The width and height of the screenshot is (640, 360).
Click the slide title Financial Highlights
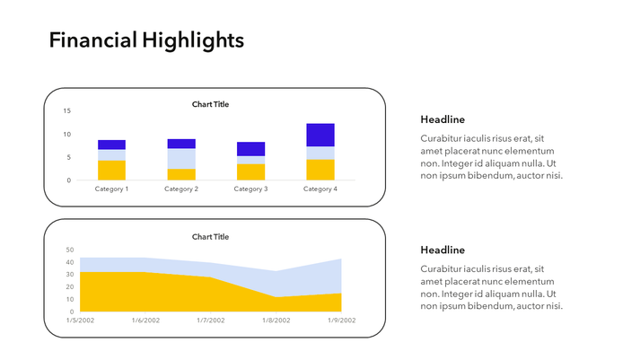(145, 40)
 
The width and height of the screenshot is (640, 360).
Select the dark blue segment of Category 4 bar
(320, 135)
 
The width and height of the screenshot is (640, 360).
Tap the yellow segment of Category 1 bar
(111, 170)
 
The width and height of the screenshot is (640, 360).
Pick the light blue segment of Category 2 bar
(181, 158)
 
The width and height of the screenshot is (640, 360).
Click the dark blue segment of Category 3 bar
(250, 149)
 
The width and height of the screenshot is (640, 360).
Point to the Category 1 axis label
(111, 189)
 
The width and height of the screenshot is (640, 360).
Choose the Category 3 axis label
(250, 189)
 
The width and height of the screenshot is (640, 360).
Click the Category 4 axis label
(320, 189)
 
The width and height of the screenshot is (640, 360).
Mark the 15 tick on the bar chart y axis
(66, 111)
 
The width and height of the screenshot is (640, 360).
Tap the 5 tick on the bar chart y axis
(68, 157)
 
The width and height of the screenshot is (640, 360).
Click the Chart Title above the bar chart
(210, 104)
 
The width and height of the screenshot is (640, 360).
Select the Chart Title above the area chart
(210, 237)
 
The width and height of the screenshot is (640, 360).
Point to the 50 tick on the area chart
(70, 250)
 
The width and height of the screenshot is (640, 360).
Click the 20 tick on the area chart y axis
(70, 287)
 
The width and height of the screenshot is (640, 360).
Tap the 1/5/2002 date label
(81, 320)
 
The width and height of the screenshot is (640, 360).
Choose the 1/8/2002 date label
(276, 320)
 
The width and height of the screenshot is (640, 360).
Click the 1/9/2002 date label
(341, 320)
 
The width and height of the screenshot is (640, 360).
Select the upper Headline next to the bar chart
(443, 119)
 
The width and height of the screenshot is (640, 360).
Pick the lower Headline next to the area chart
(443, 250)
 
